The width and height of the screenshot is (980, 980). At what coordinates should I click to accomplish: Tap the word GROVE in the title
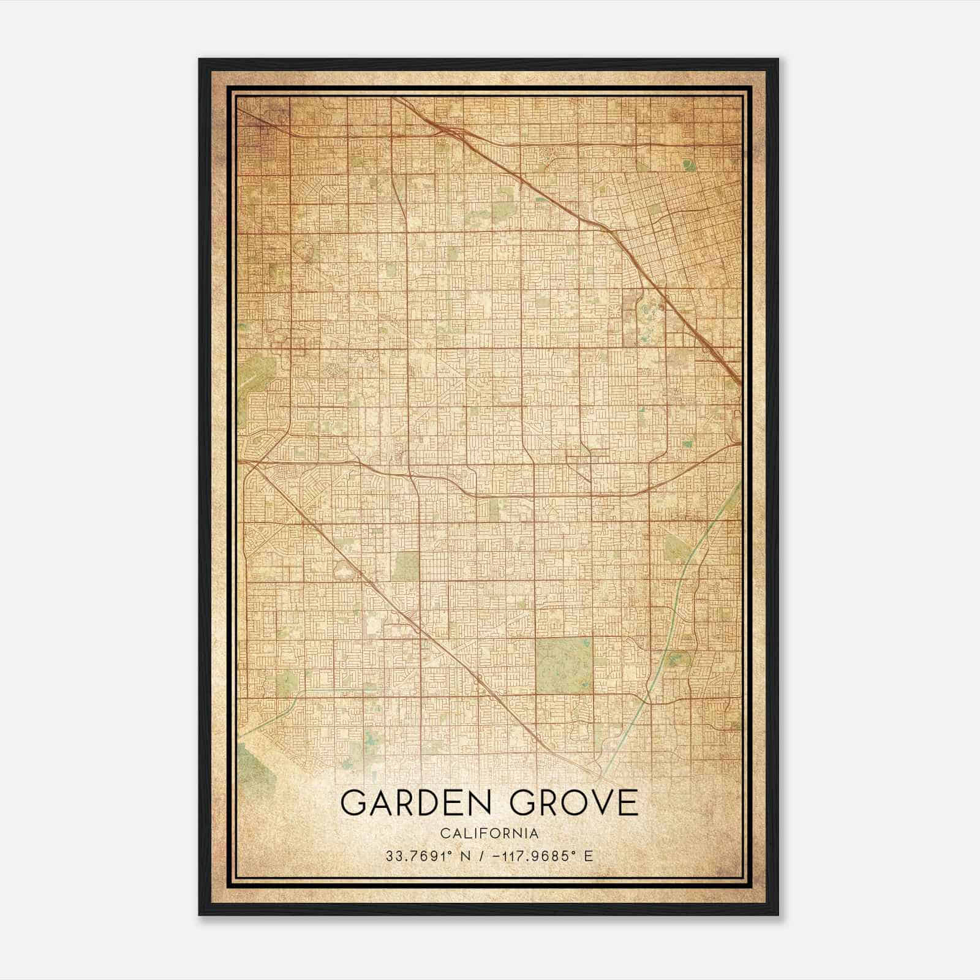pyautogui.click(x=574, y=803)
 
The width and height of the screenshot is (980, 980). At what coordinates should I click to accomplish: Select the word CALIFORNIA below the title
pyautogui.click(x=489, y=834)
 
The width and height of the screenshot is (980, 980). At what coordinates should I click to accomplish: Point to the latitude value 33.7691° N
pyautogui.click(x=428, y=856)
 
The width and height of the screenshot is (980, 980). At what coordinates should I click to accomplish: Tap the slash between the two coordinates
pyautogui.click(x=485, y=856)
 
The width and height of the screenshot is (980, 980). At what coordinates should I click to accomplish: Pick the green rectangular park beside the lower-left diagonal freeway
pyautogui.click(x=406, y=566)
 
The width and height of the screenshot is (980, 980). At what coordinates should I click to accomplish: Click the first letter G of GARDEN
pyautogui.click(x=353, y=803)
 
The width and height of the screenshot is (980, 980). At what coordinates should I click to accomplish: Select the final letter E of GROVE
pyautogui.click(x=628, y=803)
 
